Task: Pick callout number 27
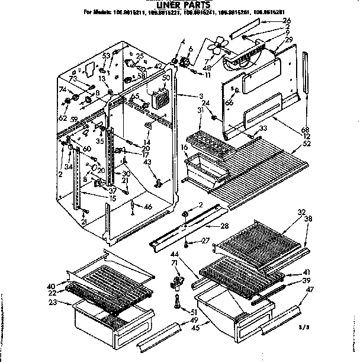tap(205, 241)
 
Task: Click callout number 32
tap(301, 212)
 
